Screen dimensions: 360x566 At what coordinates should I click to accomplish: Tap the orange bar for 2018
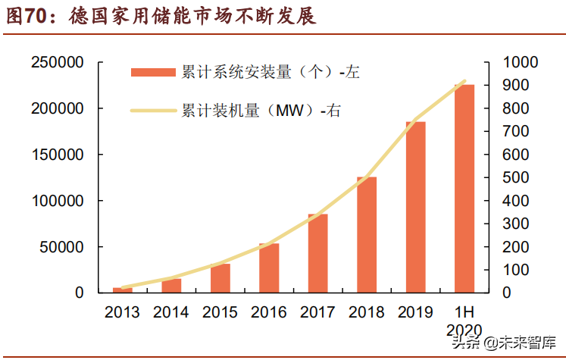point(367,234)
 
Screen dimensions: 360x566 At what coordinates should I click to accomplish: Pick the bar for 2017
point(317,253)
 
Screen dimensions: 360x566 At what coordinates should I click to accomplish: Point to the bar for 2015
point(220,277)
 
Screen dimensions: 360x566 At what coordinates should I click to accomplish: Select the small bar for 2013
point(123,290)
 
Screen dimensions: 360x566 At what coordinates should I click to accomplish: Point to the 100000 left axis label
point(57,201)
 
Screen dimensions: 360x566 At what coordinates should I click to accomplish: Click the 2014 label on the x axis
point(171,312)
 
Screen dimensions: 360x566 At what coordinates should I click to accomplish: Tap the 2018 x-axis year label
point(367,312)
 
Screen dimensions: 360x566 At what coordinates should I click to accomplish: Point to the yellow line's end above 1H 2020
point(464,81)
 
